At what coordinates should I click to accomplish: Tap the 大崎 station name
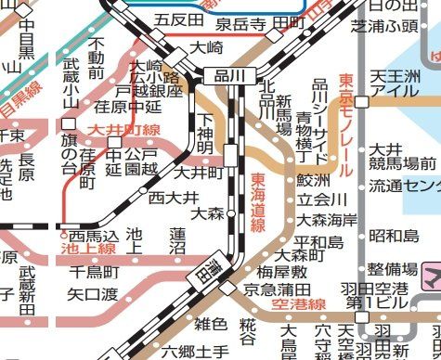208,45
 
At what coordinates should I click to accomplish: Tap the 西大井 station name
174,198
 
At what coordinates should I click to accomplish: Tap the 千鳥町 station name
96,272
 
